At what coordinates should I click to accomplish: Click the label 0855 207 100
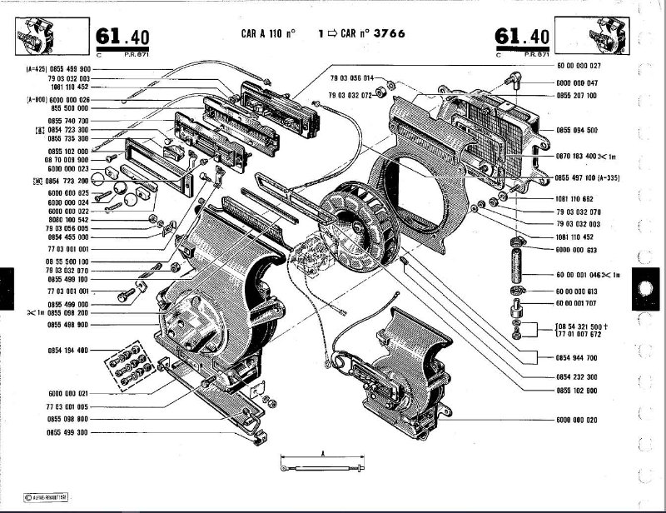(x=577, y=96)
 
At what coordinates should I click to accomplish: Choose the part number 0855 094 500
(x=577, y=131)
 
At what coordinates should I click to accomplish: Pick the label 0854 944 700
(x=577, y=357)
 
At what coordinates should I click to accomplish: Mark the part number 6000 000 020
(x=577, y=420)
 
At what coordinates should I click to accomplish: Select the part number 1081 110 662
(x=577, y=200)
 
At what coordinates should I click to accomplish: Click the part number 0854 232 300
(x=577, y=377)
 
